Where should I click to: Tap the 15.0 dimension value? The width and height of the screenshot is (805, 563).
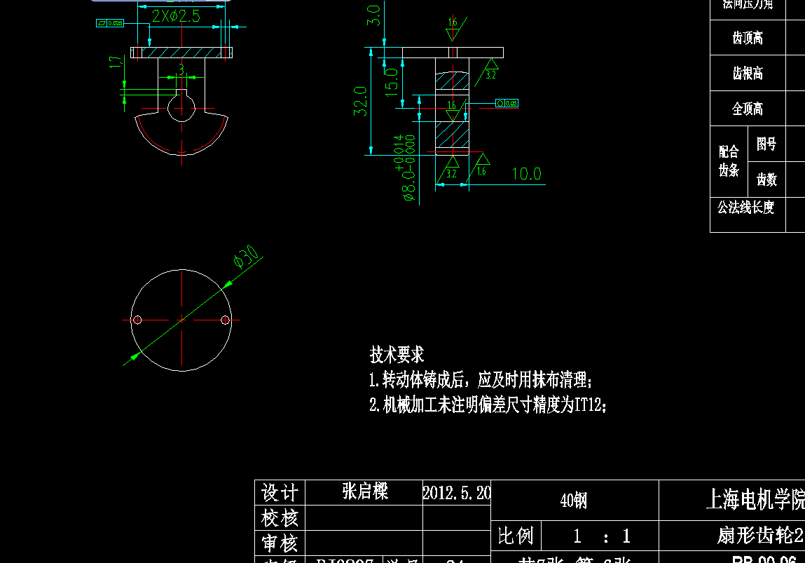click(x=392, y=81)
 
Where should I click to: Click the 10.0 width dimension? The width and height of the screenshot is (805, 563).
click(x=526, y=174)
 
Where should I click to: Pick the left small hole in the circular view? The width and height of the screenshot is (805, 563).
click(x=137, y=320)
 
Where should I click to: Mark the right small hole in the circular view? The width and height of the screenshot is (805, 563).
click(x=225, y=320)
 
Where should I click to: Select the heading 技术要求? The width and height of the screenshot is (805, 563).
click(x=397, y=355)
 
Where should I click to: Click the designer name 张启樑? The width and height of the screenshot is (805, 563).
click(x=365, y=491)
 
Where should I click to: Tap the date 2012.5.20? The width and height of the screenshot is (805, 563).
click(x=457, y=492)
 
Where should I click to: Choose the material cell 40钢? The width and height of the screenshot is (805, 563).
click(x=574, y=501)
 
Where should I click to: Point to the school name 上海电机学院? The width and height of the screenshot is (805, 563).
click(x=755, y=499)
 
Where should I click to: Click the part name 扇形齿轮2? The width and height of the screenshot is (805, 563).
click(x=760, y=536)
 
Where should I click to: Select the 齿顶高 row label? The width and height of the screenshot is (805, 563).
click(x=748, y=38)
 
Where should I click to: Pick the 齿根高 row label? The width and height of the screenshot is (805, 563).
click(x=748, y=74)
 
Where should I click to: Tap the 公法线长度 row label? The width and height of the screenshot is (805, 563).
click(x=745, y=208)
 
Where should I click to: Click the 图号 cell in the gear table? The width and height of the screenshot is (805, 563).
click(x=766, y=144)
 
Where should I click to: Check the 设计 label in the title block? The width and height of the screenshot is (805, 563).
click(x=280, y=492)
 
